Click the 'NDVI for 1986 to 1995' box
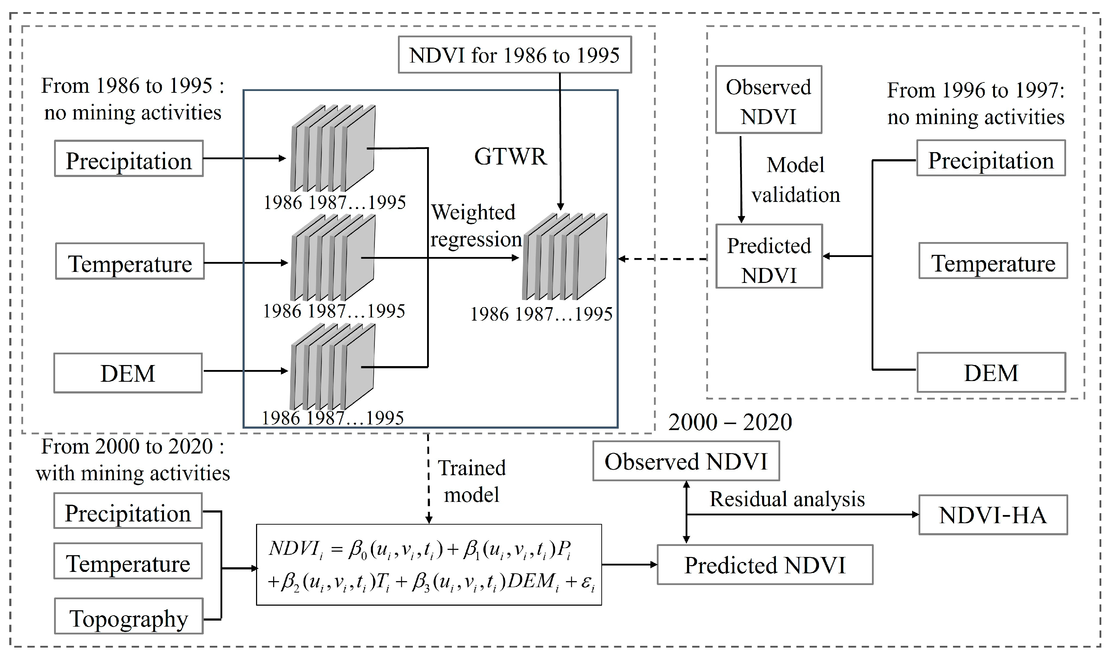pos(515,55)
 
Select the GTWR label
pos(510,156)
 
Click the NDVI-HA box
pos(992,515)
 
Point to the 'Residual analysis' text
pos(787,499)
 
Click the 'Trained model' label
pos(471,481)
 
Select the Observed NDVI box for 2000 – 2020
pos(686,461)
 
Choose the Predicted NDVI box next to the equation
pos(765,565)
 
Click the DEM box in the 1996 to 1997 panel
pos(991,372)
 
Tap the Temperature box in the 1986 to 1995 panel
pos(129,263)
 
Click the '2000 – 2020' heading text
pos(730,422)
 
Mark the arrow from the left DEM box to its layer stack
pos(245,371)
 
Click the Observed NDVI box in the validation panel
pos(768,100)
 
